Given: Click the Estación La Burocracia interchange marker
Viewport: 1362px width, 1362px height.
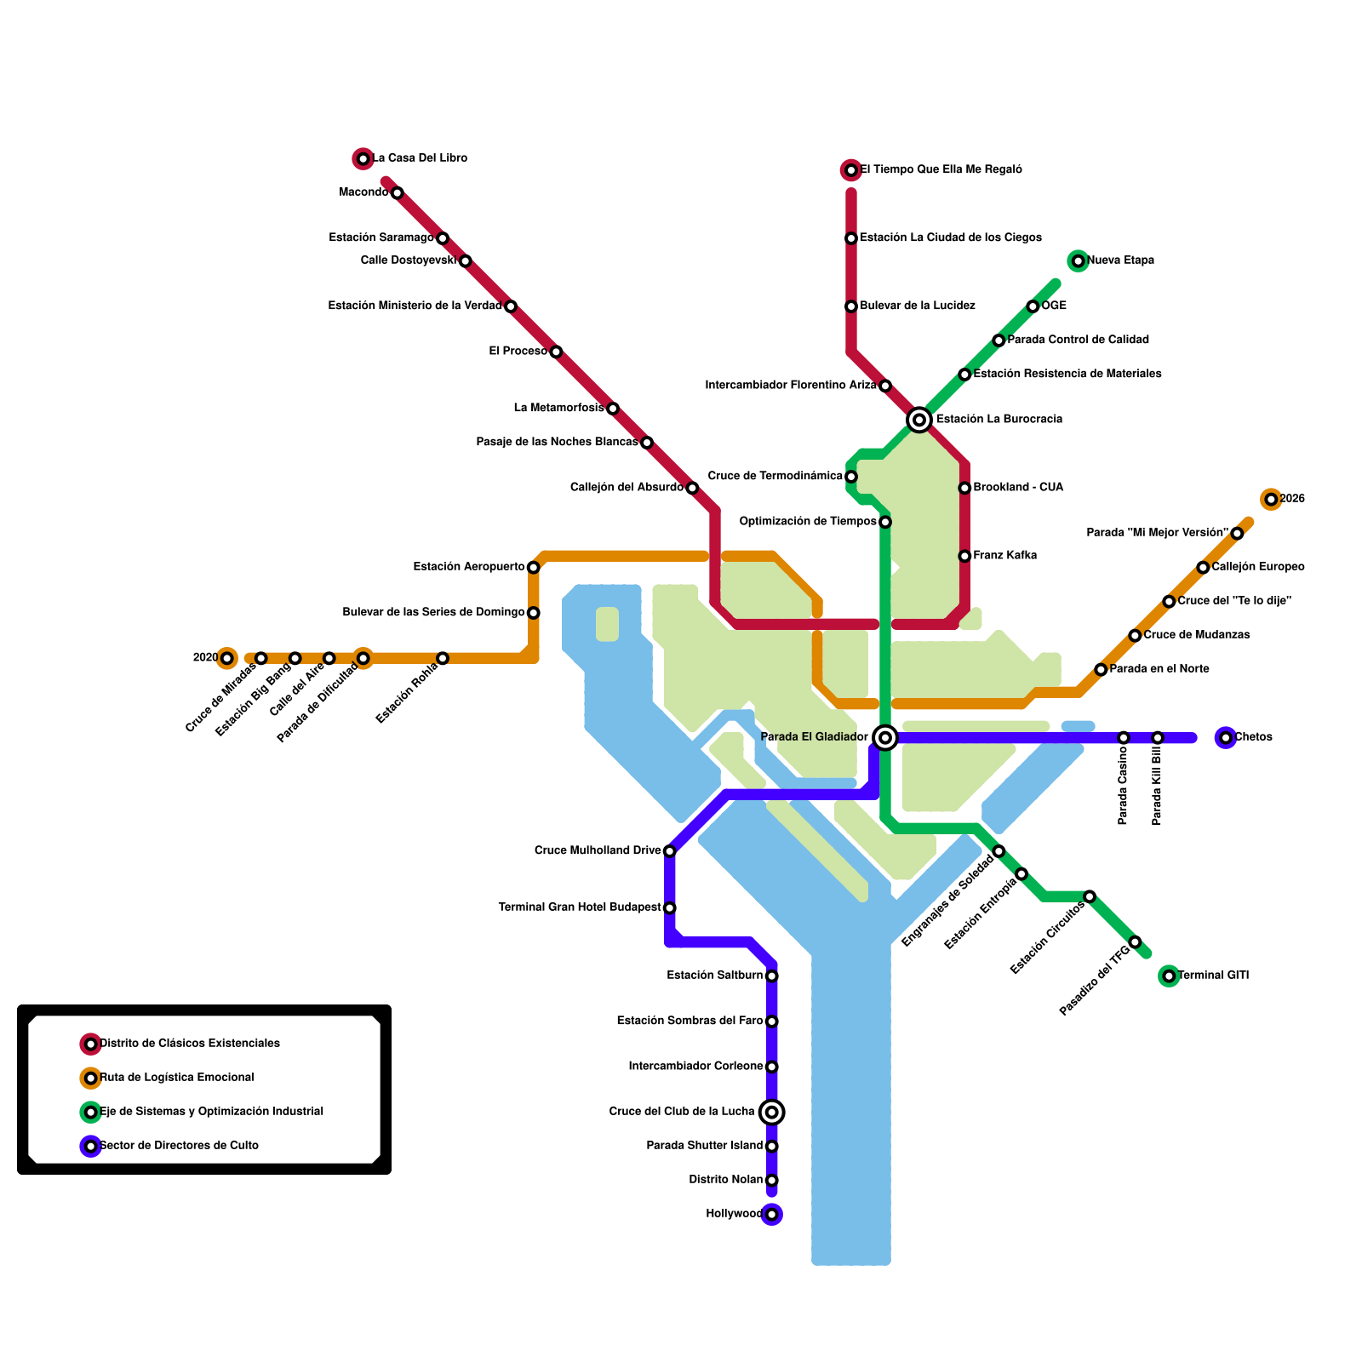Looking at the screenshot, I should point(918,420).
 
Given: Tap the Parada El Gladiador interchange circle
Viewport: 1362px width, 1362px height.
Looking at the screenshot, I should point(885,737).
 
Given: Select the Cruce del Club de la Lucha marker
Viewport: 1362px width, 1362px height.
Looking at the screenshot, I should point(771,1112).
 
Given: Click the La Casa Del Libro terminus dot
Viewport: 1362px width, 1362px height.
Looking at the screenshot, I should point(363,158).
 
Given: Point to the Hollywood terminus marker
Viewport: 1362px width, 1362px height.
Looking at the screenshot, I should point(771,1215).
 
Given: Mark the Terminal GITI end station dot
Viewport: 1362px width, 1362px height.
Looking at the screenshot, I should point(1169,976).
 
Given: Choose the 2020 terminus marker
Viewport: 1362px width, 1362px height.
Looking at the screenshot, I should point(226,658).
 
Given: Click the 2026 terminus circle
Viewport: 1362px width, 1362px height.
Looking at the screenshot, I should point(1271,500).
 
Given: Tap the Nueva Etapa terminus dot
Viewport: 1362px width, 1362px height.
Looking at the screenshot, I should point(1078,260).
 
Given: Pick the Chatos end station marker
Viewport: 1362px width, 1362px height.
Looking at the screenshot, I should point(1226,737).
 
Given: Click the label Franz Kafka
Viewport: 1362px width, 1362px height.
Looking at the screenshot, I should point(1004,556).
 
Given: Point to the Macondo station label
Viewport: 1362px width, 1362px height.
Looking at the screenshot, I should point(363,192).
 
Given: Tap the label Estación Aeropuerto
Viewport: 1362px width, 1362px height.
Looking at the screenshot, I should point(468,567).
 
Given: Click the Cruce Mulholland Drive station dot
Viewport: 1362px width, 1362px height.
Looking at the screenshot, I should point(670,851).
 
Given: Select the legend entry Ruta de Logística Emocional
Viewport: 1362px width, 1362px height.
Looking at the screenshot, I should point(177,1078).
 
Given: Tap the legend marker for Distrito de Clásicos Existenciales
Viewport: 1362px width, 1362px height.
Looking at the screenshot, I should point(90,1044).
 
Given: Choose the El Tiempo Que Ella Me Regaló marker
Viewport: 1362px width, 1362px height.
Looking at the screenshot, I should point(851,170).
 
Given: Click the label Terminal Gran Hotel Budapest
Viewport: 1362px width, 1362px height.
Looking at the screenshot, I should point(579,908).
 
